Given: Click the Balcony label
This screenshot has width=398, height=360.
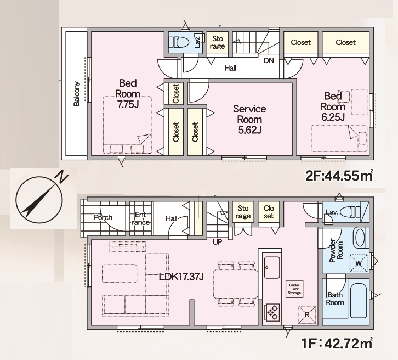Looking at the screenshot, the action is pos(76,93).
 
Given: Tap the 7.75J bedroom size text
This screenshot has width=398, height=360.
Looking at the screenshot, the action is pos(128,104).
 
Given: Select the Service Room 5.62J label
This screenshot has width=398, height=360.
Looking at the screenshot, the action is pos(249,120).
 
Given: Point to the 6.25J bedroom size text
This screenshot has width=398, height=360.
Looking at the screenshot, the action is pos(333,117).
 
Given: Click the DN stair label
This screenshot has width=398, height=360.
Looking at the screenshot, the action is pos(269,60).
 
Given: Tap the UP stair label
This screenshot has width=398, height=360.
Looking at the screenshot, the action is pos(217,242).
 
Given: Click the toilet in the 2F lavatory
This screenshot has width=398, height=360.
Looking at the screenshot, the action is pos(180,42).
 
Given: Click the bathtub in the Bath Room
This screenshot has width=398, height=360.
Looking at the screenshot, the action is pos(358,301).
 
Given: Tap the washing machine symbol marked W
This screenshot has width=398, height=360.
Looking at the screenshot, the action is pos(359,263).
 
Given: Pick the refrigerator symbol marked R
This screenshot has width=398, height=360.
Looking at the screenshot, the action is pos(307,314).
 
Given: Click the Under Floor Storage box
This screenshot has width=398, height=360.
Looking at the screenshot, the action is pos(294,289).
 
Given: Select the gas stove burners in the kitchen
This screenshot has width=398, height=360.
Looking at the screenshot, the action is pos(272,312).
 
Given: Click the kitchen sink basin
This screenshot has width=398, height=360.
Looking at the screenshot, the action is pos(272,267).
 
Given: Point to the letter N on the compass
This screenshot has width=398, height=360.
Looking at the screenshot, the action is pos(62,177).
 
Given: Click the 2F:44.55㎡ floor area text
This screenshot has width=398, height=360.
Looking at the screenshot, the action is pos(339,175).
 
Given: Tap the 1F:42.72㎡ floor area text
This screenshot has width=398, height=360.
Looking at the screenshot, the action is pos(337,344).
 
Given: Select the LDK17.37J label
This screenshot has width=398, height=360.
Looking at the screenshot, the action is pos(181,277).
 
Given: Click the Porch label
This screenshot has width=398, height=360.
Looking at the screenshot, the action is pos(103,217).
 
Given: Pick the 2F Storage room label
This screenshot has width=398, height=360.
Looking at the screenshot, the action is pos(217,42).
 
